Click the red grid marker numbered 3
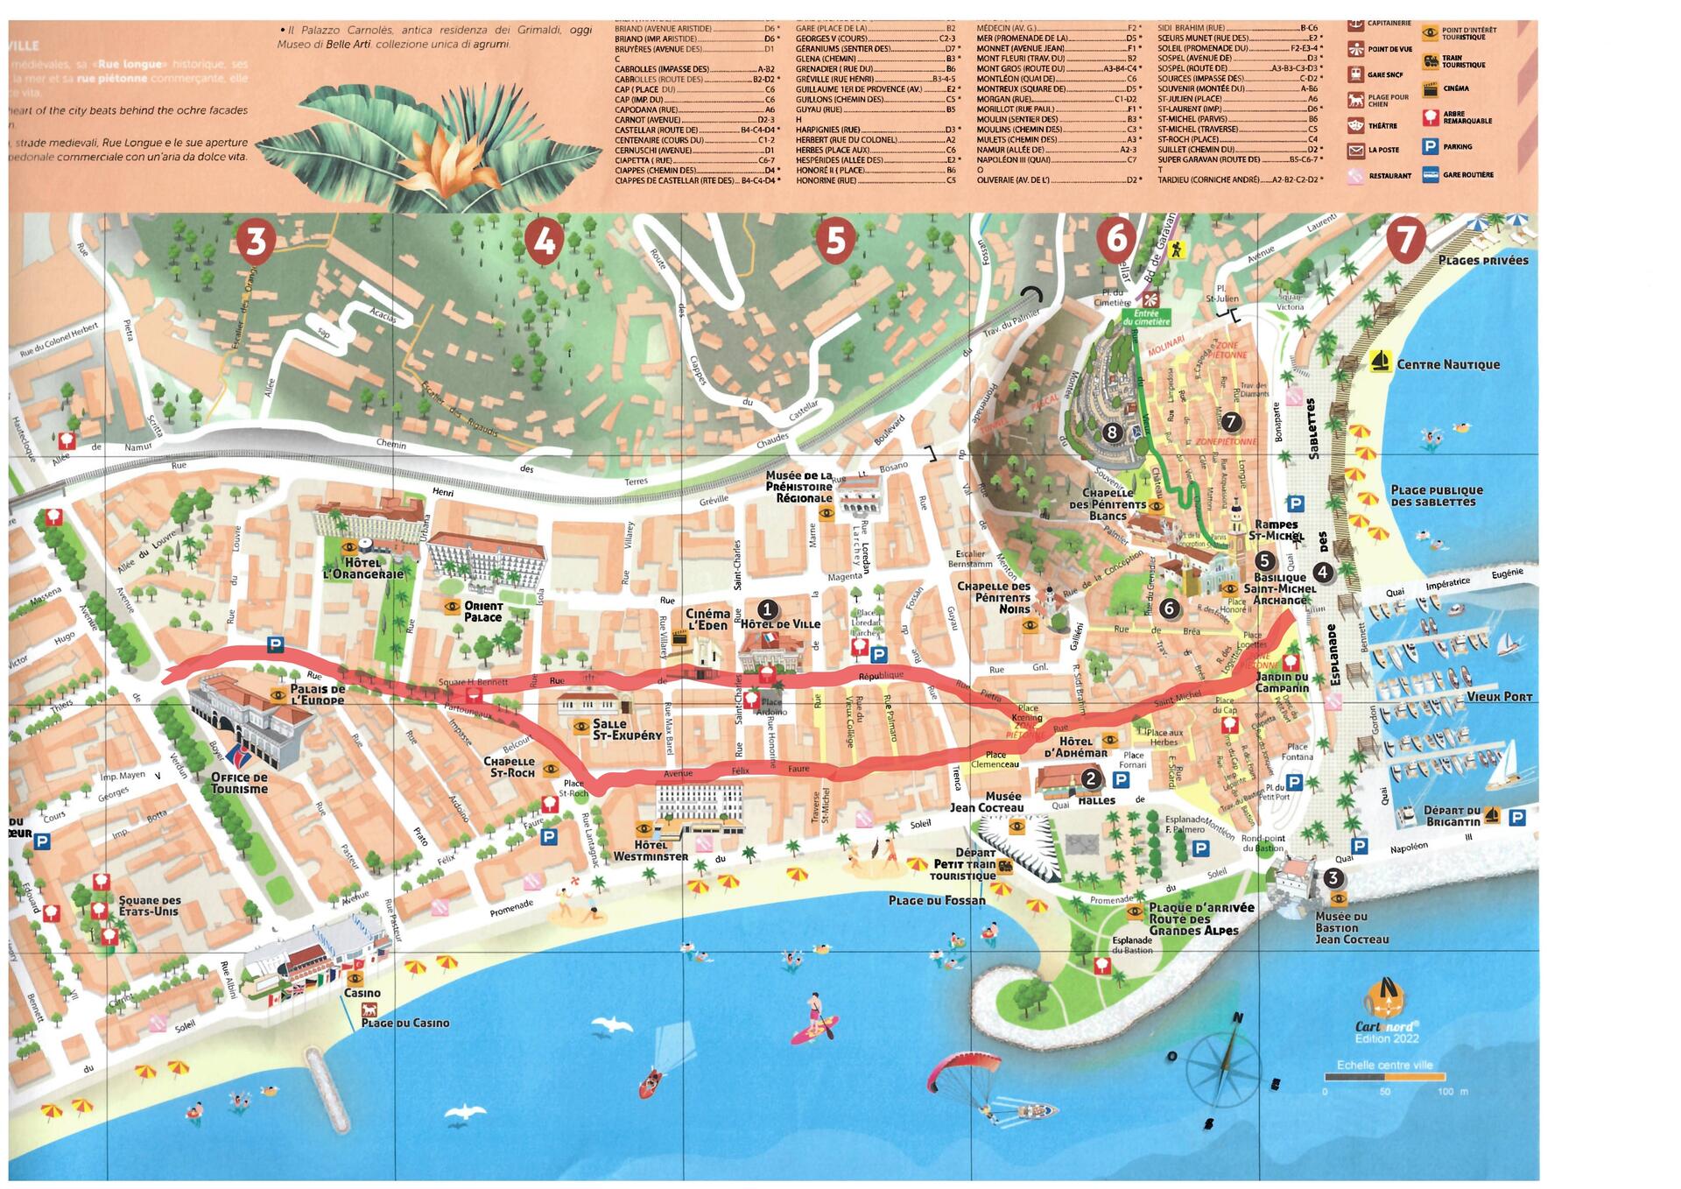pyautogui.click(x=255, y=242)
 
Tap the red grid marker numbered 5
pyautogui.click(x=835, y=242)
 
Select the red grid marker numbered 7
pyautogui.click(x=1404, y=242)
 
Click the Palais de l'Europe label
pyautogui.click(x=318, y=695)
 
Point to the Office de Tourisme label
pyautogui.click(x=239, y=783)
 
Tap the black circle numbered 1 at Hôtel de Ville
pyautogui.click(x=767, y=609)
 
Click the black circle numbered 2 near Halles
pyautogui.click(x=1091, y=777)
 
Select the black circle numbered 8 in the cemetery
pyautogui.click(x=1112, y=432)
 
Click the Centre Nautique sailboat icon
pyautogui.click(x=1380, y=362)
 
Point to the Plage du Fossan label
pyautogui.click(x=937, y=900)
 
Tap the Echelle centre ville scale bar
pyautogui.click(x=1384, y=1078)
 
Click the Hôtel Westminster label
pyautogui.click(x=651, y=850)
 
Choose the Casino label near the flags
pyautogui.click(x=362, y=993)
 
